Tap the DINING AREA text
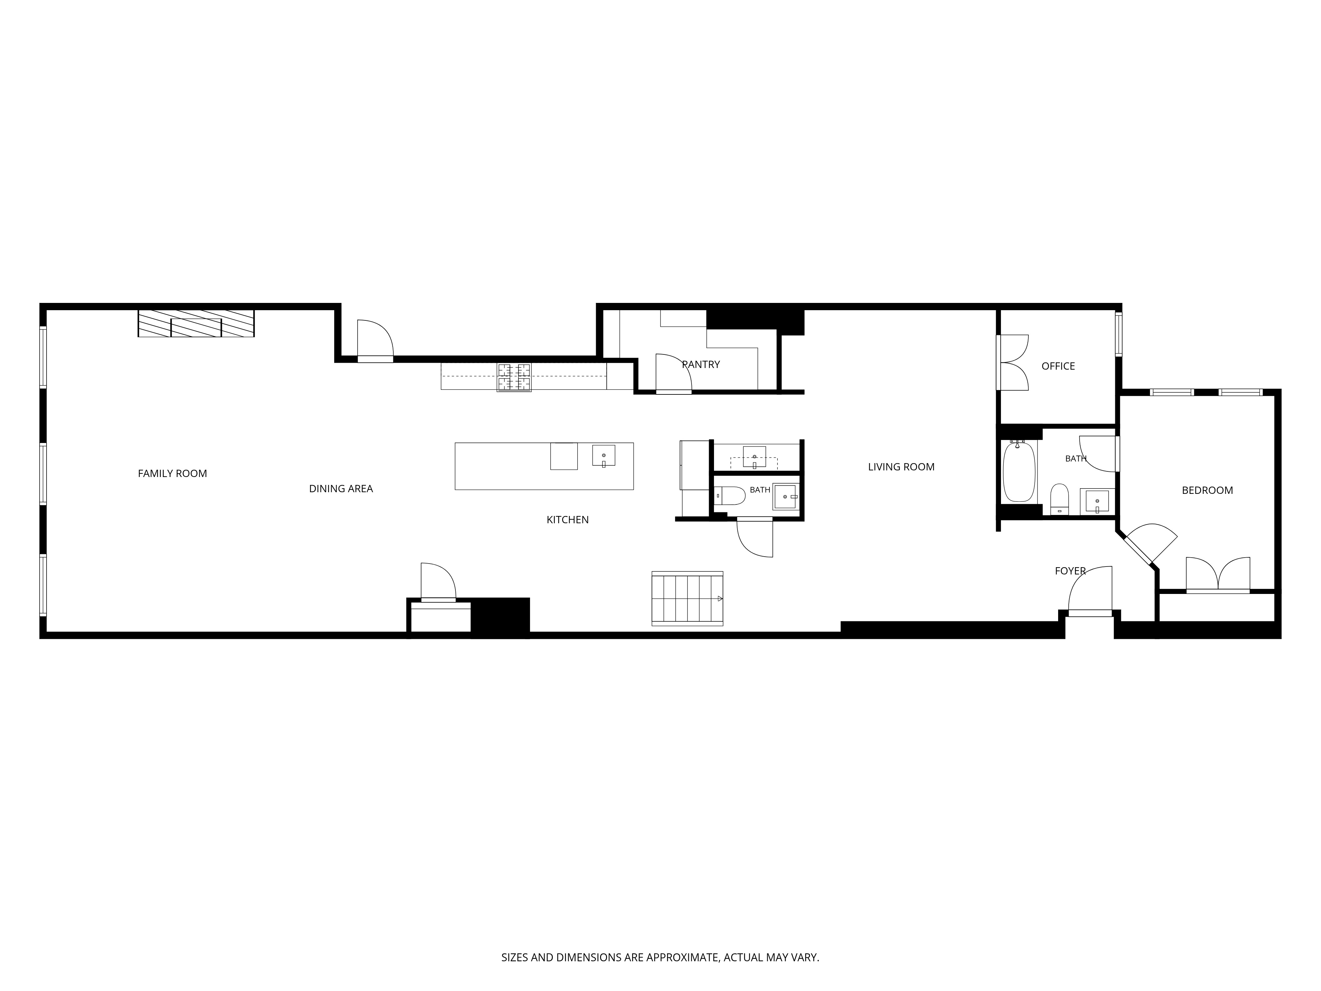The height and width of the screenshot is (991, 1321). tap(341, 489)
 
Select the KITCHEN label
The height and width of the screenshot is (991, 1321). tap(567, 520)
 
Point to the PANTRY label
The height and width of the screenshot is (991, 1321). tap(701, 364)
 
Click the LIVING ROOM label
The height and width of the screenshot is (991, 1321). tap(901, 467)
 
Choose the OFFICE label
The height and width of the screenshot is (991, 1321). tap(1058, 366)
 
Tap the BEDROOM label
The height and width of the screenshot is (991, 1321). tap(1207, 491)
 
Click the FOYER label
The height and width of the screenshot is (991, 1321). tap(1070, 571)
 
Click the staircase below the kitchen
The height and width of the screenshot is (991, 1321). tap(687, 599)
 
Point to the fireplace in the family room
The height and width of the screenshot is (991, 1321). tap(196, 323)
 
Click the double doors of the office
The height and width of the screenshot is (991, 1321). tap(1013, 363)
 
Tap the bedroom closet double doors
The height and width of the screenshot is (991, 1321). tap(1218, 575)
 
